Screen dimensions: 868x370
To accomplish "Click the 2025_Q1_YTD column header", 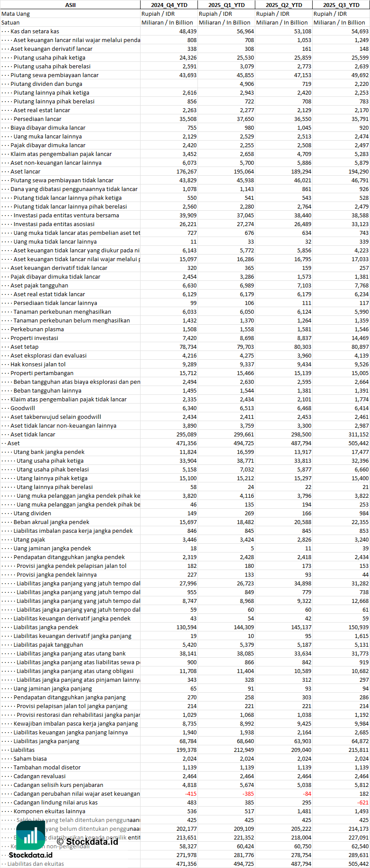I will (x=226, y=5).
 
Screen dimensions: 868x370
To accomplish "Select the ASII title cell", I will (x=70, y=5).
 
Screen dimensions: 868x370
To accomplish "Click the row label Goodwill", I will (x=23, y=408).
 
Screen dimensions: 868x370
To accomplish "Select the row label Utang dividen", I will (x=32, y=513).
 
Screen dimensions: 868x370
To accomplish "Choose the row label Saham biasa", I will (x=30, y=758).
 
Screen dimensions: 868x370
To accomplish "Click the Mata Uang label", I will (x=16, y=14).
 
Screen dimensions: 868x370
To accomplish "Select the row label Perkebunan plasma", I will (x=37, y=329).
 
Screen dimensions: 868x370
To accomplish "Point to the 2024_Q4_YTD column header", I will (x=169, y=5).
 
